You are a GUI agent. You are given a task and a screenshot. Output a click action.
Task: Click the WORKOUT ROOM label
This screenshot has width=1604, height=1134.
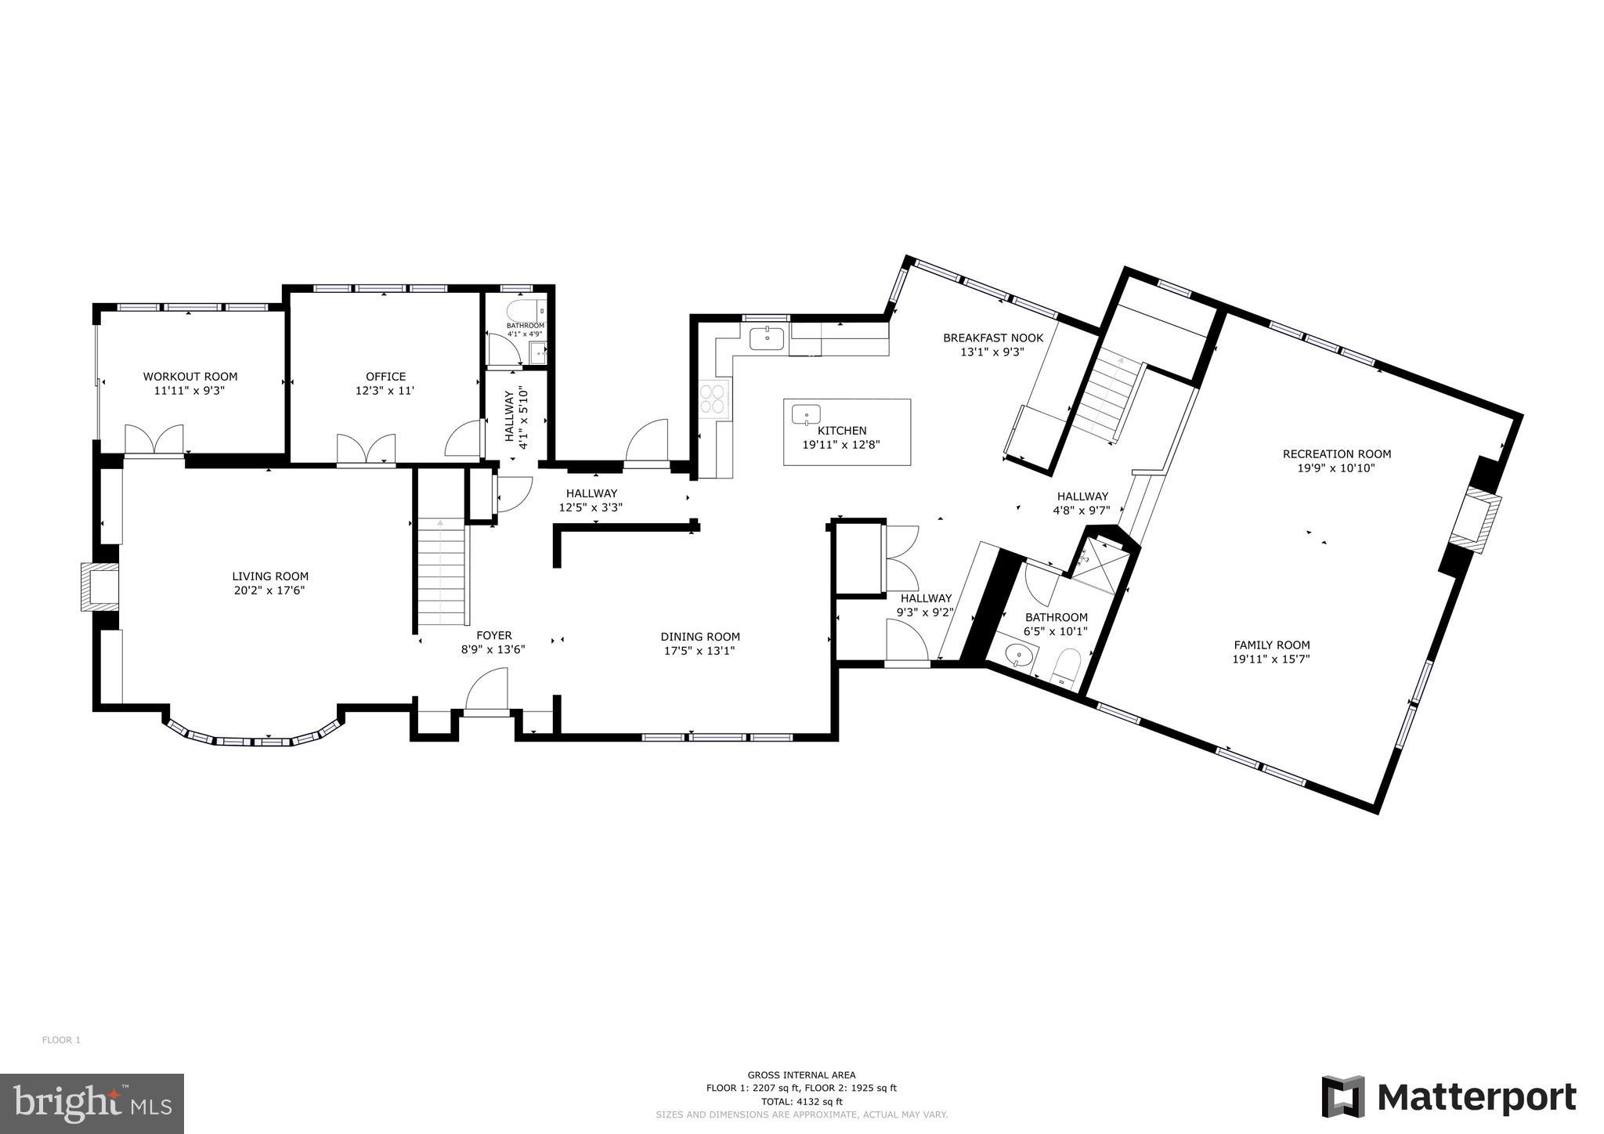(190, 377)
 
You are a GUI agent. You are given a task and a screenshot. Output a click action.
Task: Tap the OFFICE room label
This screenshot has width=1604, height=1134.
(385, 377)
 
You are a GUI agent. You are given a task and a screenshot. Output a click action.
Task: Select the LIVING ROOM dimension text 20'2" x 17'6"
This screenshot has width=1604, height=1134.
(269, 590)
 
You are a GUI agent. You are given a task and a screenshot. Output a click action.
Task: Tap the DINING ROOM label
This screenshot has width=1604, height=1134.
(699, 637)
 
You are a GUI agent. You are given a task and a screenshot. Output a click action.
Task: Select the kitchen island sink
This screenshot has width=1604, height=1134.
(805, 414)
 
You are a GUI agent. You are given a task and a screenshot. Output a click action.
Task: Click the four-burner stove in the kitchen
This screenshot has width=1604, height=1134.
(714, 398)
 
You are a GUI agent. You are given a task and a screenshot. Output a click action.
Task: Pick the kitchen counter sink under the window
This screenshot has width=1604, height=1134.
(766, 339)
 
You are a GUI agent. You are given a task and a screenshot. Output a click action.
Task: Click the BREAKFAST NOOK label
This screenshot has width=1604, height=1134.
(992, 338)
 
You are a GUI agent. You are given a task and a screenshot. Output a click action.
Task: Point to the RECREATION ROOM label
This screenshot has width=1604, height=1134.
(1336, 454)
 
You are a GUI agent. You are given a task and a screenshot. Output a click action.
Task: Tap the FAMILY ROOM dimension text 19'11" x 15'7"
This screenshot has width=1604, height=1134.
(1270, 659)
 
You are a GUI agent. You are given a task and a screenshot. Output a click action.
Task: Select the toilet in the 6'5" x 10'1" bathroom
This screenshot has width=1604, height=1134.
(1066, 664)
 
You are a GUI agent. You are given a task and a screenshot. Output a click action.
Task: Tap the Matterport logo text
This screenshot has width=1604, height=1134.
(1476, 1097)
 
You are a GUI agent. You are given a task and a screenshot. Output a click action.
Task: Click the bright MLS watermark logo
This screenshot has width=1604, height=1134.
(92, 1103)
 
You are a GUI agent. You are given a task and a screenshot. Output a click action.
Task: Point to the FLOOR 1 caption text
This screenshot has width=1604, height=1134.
(61, 1040)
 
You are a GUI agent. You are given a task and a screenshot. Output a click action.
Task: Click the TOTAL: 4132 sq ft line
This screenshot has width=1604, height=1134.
(800, 1101)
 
